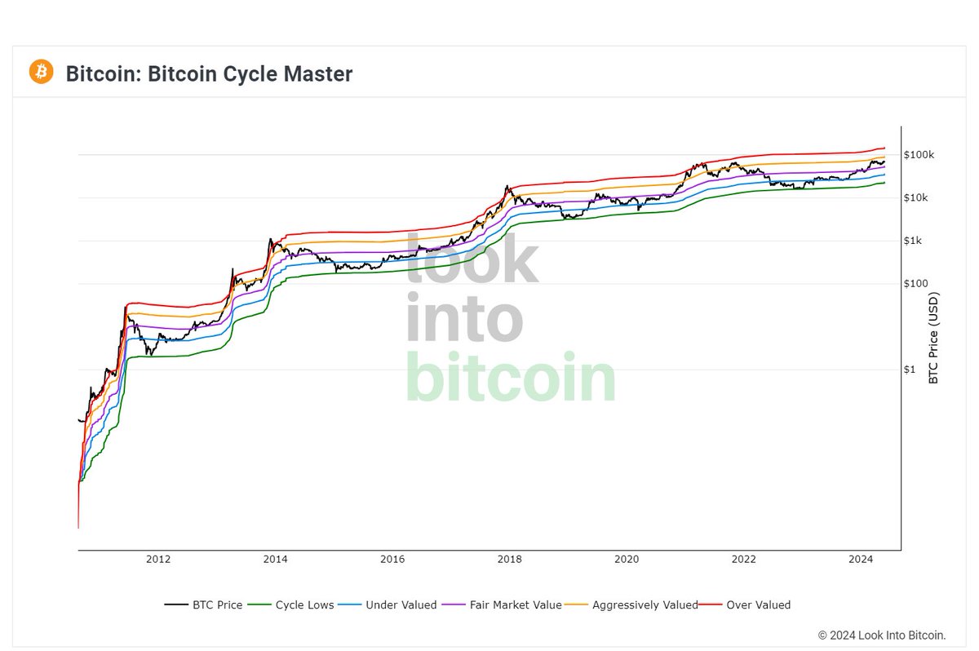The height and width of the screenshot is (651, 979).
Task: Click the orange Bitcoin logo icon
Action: (x=41, y=72)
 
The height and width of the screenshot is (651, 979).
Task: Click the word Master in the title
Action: (x=315, y=74)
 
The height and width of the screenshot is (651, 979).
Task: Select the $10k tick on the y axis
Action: (x=917, y=198)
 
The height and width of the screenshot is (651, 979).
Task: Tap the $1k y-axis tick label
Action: (x=914, y=241)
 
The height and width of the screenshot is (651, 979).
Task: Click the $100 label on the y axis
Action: (x=915, y=284)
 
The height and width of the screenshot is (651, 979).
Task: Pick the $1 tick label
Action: (x=910, y=370)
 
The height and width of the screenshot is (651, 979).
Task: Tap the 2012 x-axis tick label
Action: (x=158, y=559)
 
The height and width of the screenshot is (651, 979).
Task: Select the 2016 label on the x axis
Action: (x=392, y=559)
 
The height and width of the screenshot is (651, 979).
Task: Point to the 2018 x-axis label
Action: (x=510, y=559)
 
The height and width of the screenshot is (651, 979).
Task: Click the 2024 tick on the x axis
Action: (x=862, y=559)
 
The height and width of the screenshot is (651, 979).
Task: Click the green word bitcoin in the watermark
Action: (x=510, y=377)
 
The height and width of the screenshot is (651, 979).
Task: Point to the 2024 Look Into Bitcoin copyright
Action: (x=882, y=635)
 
